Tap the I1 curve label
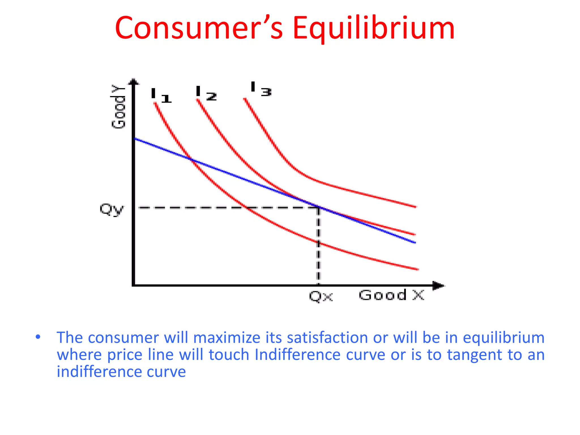pyautogui.click(x=161, y=96)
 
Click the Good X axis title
pyautogui.click(x=391, y=295)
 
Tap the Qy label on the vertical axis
pyautogui.click(x=112, y=210)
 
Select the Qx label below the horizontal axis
pyautogui.click(x=321, y=297)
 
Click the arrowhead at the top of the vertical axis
pyautogui.click(x=134, y=82)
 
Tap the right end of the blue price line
pyautogui.click(x=415, y=242)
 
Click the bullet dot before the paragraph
pyautogui.click(x=38, y=337)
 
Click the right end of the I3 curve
pyautogui.click(x=415, y=207)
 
